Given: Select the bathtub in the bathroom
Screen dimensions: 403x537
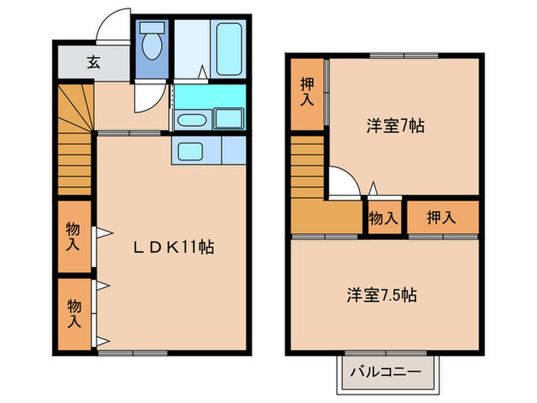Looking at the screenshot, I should [229, 48].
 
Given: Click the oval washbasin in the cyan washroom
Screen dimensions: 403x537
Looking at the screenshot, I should [189, 120].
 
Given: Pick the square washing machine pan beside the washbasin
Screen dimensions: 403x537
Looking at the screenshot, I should [228, 119].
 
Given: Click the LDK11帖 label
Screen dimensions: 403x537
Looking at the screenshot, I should [174, 247].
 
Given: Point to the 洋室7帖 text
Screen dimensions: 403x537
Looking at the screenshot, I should [395, 126].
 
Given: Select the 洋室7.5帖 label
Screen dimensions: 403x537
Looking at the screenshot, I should [381, 294].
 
